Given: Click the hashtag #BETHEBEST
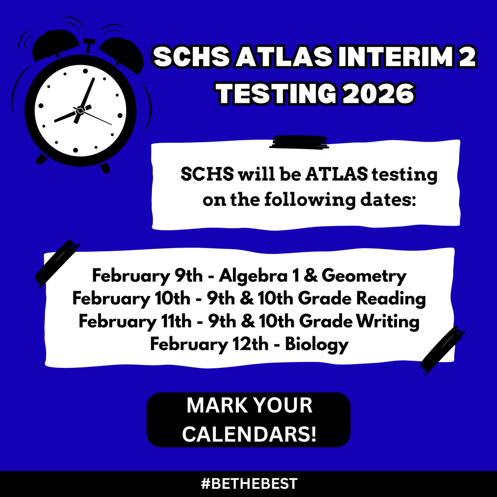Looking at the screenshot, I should pyautogui.click(x=248, y=484).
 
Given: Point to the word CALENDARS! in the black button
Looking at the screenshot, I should pyautogui.click(x=249, y=434).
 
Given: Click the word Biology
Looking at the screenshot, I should pyautogui.click(x=316, y=344).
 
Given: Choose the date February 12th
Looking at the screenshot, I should pyautogui.click(x=209, y=344).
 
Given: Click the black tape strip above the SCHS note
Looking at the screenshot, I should pyautogui.click(x=300, y=142).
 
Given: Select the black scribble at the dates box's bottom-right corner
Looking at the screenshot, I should pyautogui.click(x=442, y=350).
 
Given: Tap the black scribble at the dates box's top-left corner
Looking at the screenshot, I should pyautogui.click(x=57, y=263).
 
